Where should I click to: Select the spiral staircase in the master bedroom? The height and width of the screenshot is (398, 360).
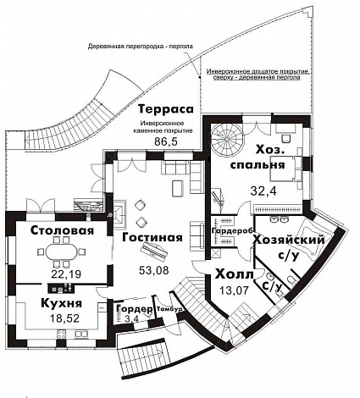coord(226,135)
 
